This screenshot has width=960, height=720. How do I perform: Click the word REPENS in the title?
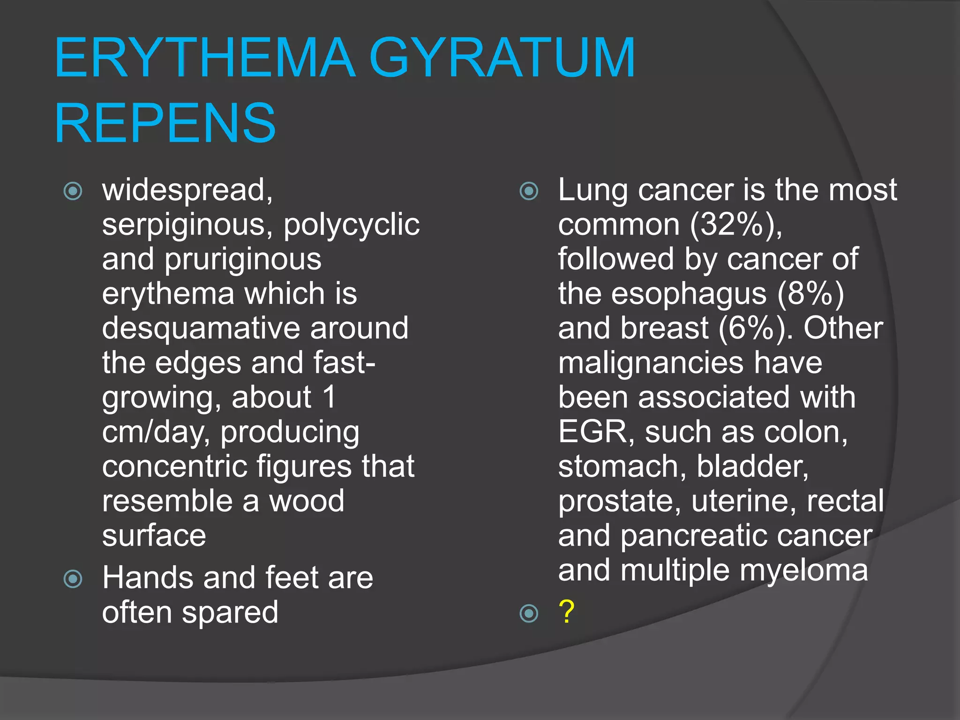(165, 123)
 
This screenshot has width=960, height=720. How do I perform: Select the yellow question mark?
(566, 612)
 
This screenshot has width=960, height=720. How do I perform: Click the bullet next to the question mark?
(529, 613)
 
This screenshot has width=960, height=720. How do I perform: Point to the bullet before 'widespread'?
(73, 191)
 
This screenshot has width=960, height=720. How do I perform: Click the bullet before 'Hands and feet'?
(73, 578)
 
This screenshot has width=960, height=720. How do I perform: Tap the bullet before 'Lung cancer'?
(529, 191)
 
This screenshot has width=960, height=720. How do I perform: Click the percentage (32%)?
(736, 225)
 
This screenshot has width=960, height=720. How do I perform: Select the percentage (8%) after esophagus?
(810, 294)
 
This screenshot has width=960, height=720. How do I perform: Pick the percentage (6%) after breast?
(755, 328)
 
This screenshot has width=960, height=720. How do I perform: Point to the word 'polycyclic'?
(352, 225)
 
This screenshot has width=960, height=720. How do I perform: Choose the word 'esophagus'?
(689, 294)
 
